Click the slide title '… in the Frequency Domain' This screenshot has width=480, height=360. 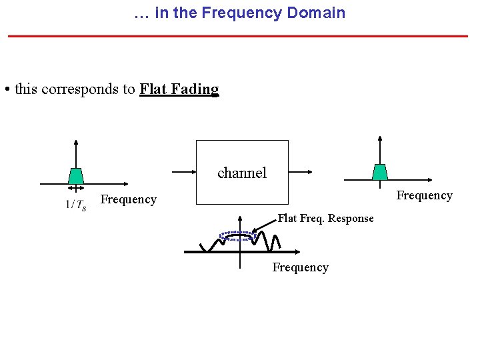(239, 13)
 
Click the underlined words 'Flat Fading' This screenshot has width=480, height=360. (179, 89)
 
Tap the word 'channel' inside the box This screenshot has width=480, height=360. (241, 173)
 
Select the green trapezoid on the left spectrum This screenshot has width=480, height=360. (76, 176)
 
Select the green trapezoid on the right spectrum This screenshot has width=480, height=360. (379, 172)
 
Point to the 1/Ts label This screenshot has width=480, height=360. (75, 205)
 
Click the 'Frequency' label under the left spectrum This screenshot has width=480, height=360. (128, 199)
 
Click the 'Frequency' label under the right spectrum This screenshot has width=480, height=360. (424, 195)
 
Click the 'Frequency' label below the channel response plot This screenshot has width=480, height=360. (300, 267)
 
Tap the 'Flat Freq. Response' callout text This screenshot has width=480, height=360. (325, 219)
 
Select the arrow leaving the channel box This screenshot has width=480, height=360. (301, 172)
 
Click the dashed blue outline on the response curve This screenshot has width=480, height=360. (239, 235)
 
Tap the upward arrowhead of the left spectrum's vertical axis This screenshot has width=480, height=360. (76, 143)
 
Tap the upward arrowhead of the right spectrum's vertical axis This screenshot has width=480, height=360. (379, 139)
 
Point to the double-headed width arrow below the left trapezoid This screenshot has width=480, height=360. (76, 189)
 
